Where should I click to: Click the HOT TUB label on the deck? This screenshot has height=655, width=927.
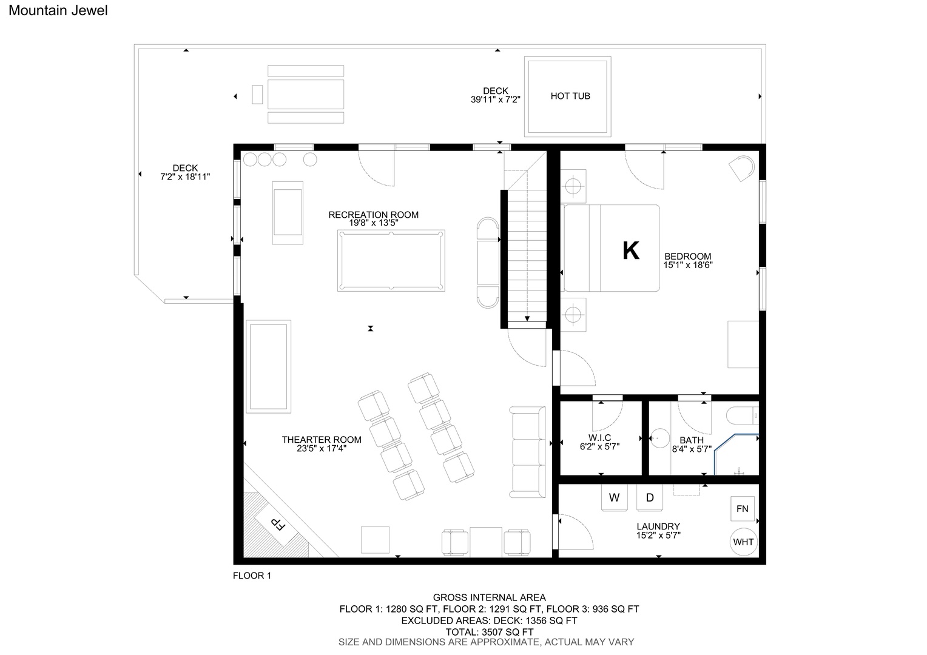[x=570, y=96]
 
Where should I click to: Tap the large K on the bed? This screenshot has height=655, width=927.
[x=631, y=250]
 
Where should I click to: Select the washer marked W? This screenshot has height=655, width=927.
[x=614, y=498]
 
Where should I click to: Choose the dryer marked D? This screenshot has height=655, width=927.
[x=650, y=498]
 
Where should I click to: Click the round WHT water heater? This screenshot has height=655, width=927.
[x=743, y=542]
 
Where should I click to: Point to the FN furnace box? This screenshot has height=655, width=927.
[x=743, y=508]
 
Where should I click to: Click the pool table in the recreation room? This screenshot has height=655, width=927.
[x=391, y=261]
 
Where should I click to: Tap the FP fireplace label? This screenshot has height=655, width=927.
[x=278, y=524]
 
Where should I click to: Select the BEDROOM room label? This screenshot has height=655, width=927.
[x=688, y=257]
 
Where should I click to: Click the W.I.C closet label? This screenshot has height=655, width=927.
[x=599, y=438]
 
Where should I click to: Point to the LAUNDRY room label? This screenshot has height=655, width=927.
[x=658, y=526]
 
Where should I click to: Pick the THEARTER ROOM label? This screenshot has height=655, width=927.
[x=322, y=440]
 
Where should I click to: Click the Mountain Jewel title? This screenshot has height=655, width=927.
[x=58, y=10]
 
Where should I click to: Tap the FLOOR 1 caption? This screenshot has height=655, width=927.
[x=252, y=576]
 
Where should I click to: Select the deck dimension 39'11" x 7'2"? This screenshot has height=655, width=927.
[x=496, y=99]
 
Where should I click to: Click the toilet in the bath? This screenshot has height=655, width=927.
[x=743, y=415]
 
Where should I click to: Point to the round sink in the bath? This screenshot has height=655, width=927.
[x=659, y=438]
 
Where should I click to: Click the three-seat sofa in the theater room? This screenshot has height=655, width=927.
[x=527, y=452]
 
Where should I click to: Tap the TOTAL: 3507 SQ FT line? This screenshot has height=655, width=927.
[x=489, y=632]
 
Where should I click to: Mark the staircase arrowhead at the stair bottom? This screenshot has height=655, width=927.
[x=527, y=318]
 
